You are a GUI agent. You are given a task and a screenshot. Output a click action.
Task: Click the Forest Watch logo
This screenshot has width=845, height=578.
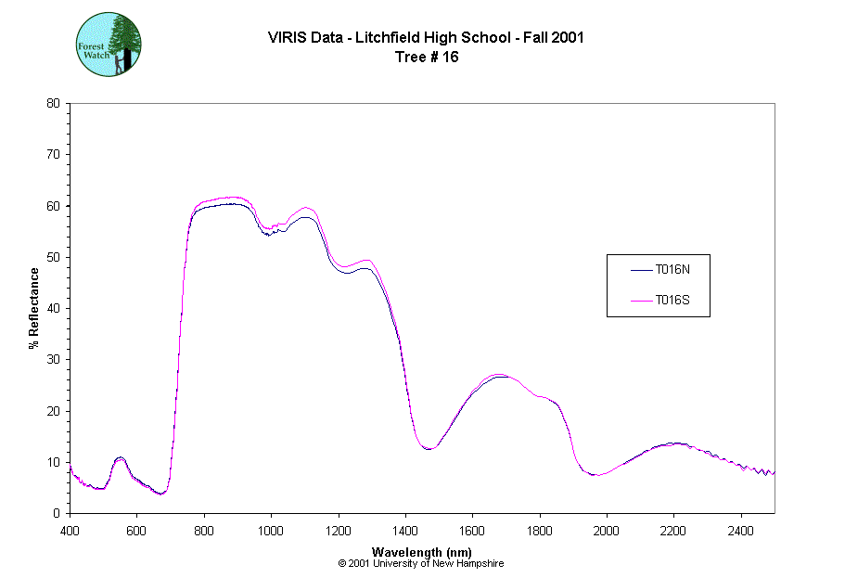point(108,44)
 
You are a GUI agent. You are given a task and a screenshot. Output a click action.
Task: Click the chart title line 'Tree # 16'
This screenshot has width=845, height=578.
point(427,57)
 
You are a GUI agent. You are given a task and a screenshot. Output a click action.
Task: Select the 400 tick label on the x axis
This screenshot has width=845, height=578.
point(70,531)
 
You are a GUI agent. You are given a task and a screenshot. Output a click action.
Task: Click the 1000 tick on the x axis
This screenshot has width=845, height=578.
point(271,531)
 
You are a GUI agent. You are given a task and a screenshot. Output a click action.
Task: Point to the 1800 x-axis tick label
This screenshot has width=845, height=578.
point(540,531)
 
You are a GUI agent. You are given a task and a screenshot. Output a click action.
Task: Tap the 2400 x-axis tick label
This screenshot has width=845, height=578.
point(741,531)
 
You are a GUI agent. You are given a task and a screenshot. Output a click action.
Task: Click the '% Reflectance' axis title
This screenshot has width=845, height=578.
point(34,308)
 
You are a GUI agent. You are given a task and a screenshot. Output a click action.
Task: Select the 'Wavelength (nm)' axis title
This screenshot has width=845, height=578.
point(421,551)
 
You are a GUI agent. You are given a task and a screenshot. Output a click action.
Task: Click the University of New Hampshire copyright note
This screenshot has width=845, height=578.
point(421,563)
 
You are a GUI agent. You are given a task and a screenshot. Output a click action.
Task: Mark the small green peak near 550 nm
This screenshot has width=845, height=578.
point(120,458)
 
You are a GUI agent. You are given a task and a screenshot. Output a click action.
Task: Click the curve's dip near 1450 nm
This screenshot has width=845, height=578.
point(428,448)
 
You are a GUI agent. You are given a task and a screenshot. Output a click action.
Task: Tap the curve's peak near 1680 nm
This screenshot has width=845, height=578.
point(500,375)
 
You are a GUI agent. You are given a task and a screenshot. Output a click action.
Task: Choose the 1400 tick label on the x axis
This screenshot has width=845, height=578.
point(405,531)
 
